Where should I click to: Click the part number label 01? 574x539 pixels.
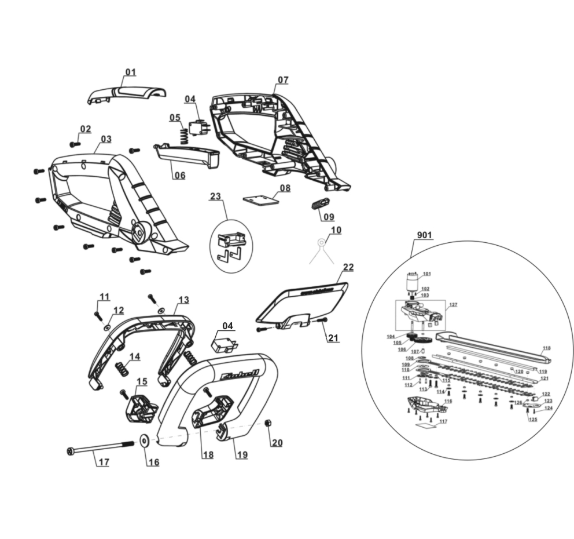(131, 72)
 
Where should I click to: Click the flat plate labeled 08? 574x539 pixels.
(261, 199)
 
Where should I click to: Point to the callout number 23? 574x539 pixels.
(215, 196)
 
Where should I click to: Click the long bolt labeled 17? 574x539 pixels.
(98, 448)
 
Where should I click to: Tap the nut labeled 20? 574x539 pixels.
(268, 423)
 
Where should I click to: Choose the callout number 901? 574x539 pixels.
(424, 235)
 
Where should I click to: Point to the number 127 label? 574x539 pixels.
(453, 304)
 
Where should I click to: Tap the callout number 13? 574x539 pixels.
(183, 300)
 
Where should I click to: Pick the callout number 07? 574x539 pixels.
(282, 80)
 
